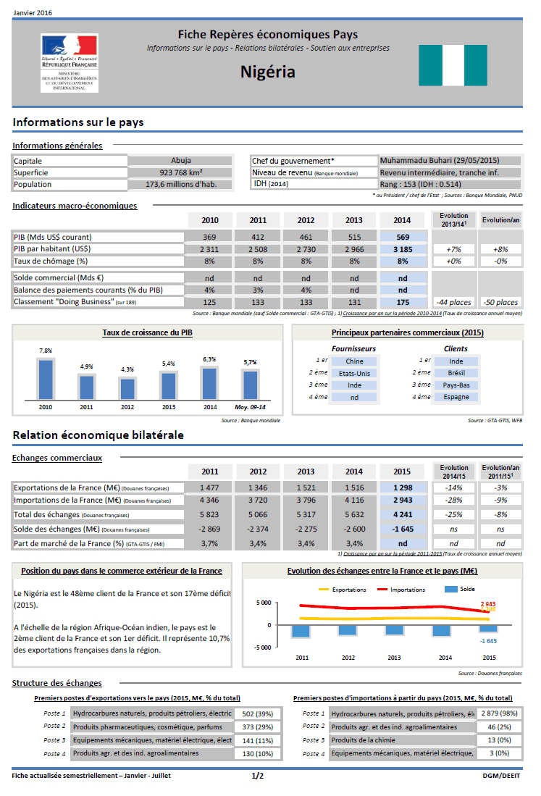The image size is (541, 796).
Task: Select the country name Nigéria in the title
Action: click(x=268, y=72)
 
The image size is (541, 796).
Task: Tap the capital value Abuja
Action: click(x=181, y=161)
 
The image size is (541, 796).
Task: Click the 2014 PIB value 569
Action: click(x=403, y=237)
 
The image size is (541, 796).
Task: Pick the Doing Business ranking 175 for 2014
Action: click(x=403, y=302)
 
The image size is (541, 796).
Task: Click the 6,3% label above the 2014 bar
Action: click(x=209, y=359)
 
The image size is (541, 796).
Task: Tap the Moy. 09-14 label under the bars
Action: click(x=250, y=407)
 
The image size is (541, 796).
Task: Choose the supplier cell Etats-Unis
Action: click(x=354, y=373)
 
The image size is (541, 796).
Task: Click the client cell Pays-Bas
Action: click(x=456, y=385)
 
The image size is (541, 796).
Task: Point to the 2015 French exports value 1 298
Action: click(x=403, y=487)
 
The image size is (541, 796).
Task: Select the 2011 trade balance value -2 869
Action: click(x=209, y=529)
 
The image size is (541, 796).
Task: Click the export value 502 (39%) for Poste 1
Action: click(x=258, y=713)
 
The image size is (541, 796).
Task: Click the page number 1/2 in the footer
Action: click(x=258, y=776)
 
